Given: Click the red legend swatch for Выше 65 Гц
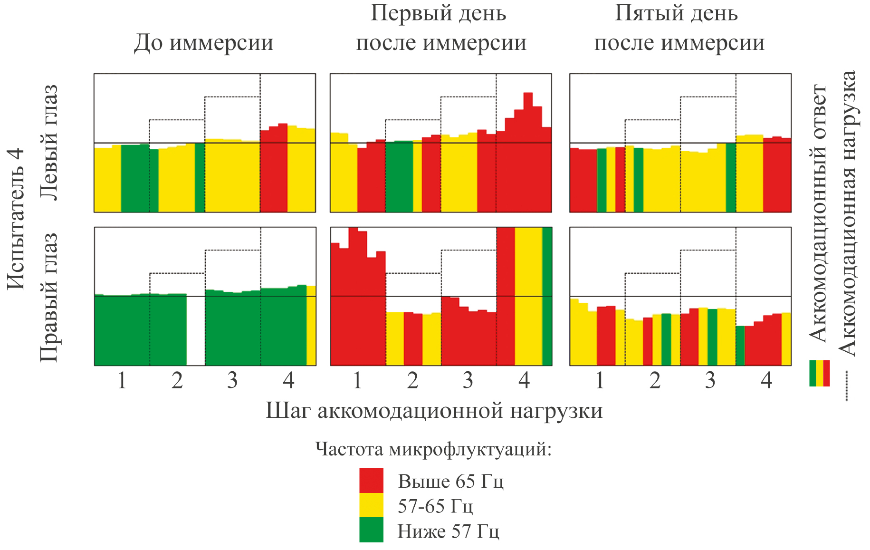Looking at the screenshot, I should click(x=371, y=480).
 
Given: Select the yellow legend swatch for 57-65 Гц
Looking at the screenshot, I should click(x=371, y=505).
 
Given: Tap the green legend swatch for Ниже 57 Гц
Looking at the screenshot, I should click(x=371, y=530).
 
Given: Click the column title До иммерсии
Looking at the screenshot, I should click(x=203, y=42).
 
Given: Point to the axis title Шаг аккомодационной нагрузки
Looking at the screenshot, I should click(x=434, y=410).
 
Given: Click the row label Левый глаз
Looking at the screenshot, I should click(x=49, y=143).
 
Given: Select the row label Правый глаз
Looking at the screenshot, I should click(x=49, y=297).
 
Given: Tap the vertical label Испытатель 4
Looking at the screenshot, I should click(x=16, y=219).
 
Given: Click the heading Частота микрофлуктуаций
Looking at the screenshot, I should click(x=433, y=449).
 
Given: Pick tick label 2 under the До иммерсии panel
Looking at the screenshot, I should click(x=177, y=380).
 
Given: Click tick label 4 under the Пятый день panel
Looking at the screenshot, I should click(x=766, y=380).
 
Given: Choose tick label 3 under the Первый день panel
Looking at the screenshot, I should click(x=468, y=380).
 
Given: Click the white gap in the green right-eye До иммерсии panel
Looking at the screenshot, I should click(x=196, y=330).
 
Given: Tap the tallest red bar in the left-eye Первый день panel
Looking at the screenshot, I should click(x=528, y=152).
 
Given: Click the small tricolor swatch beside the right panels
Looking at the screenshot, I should click(x=820, y=373).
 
